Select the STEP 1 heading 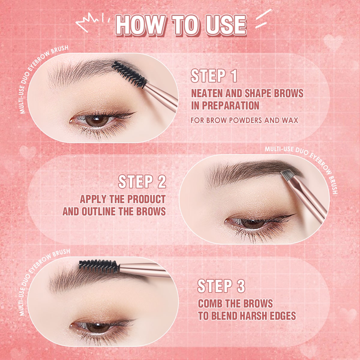tap(214, 76)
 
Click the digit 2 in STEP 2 tap(162, 181)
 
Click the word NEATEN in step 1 tap(207, 93)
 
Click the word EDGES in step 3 tap(283, 316)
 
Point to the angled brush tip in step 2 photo tap(287, 175)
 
